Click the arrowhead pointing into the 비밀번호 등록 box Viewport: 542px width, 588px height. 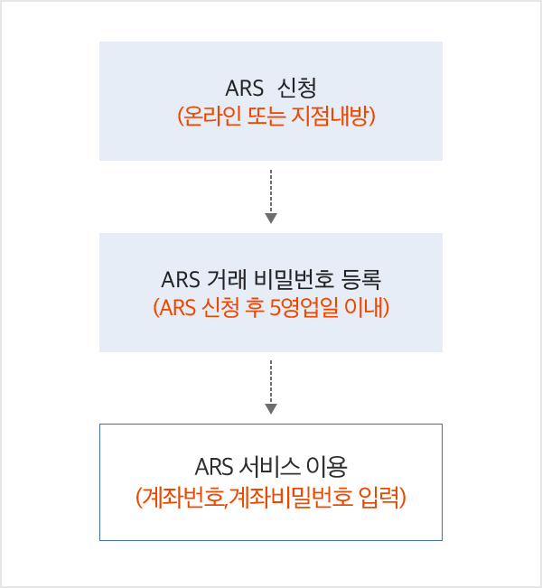(271, 217)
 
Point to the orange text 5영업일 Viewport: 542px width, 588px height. (297, 307)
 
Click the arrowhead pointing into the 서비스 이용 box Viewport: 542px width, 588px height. (271, 409)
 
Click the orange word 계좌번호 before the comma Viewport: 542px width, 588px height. (179, 496)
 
